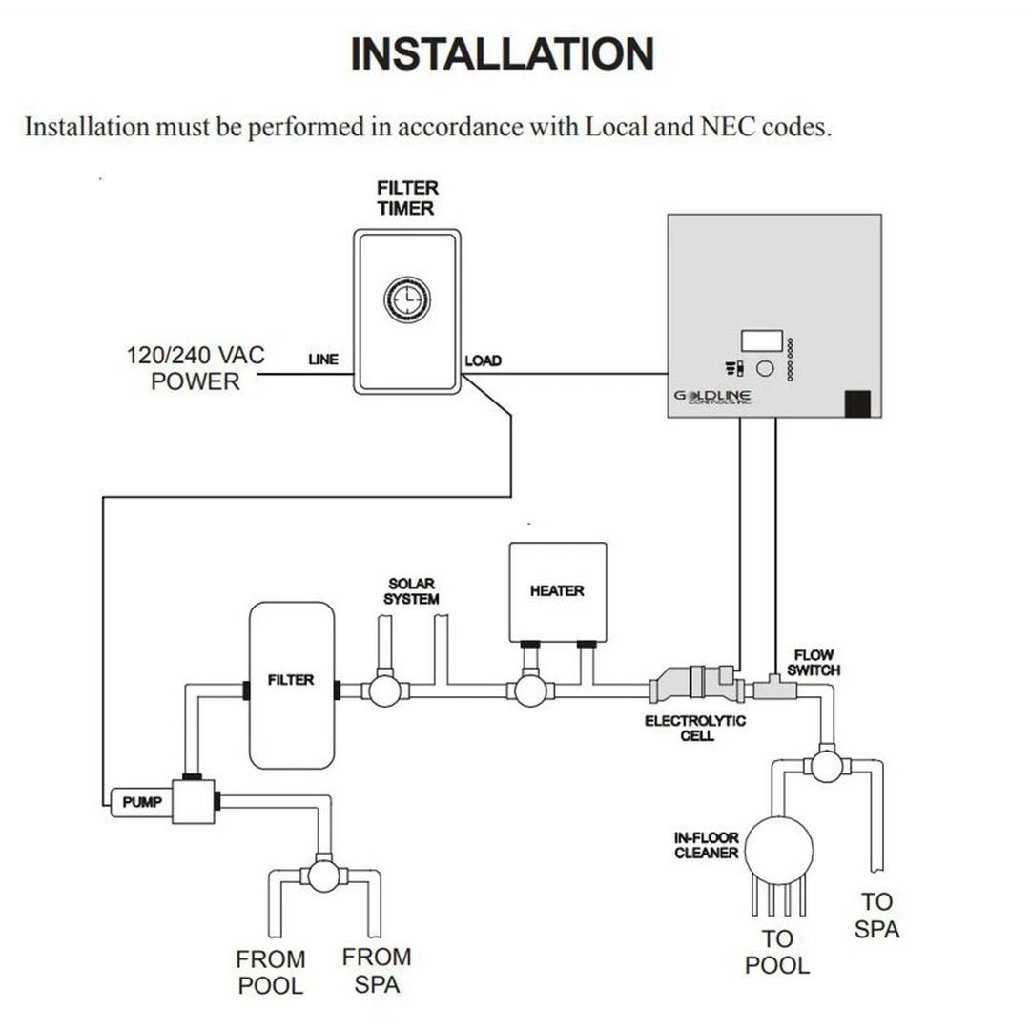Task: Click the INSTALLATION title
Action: (x=503, y=54)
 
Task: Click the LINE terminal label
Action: (x=322, y=360)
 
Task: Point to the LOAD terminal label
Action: (x=483, y=361)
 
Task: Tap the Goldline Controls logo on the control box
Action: (x=713, y=397)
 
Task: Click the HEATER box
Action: (x=557, y=591)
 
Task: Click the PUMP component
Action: (x=143, y=803)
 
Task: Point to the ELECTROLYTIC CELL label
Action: (x=694, y=729)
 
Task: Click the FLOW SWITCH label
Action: (x=814, y=663)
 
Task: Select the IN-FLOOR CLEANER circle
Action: (x=778, y=845)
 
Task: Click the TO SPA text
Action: (x=876, y=915)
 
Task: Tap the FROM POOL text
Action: (x=271, y=972)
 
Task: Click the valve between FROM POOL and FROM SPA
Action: (x=324, y=875)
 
